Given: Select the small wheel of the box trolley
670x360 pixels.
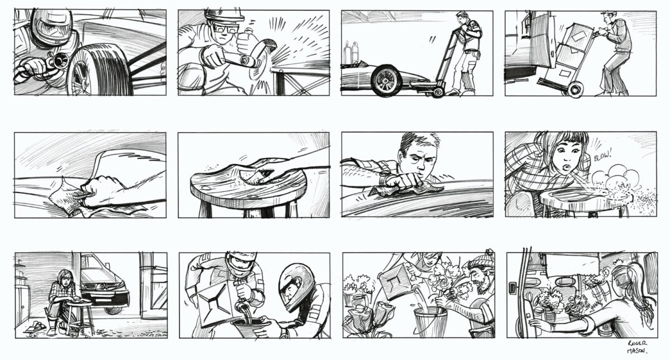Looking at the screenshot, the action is click(575, 89).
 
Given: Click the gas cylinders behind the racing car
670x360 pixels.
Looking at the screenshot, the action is click(351, 53).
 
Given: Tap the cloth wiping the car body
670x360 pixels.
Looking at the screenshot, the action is click(68, 198).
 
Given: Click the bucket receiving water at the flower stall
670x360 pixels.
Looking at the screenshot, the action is click(430, 322).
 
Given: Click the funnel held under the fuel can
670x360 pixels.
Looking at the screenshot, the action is click(251, 328).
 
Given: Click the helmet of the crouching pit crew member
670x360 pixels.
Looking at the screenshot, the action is click(296, 285).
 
